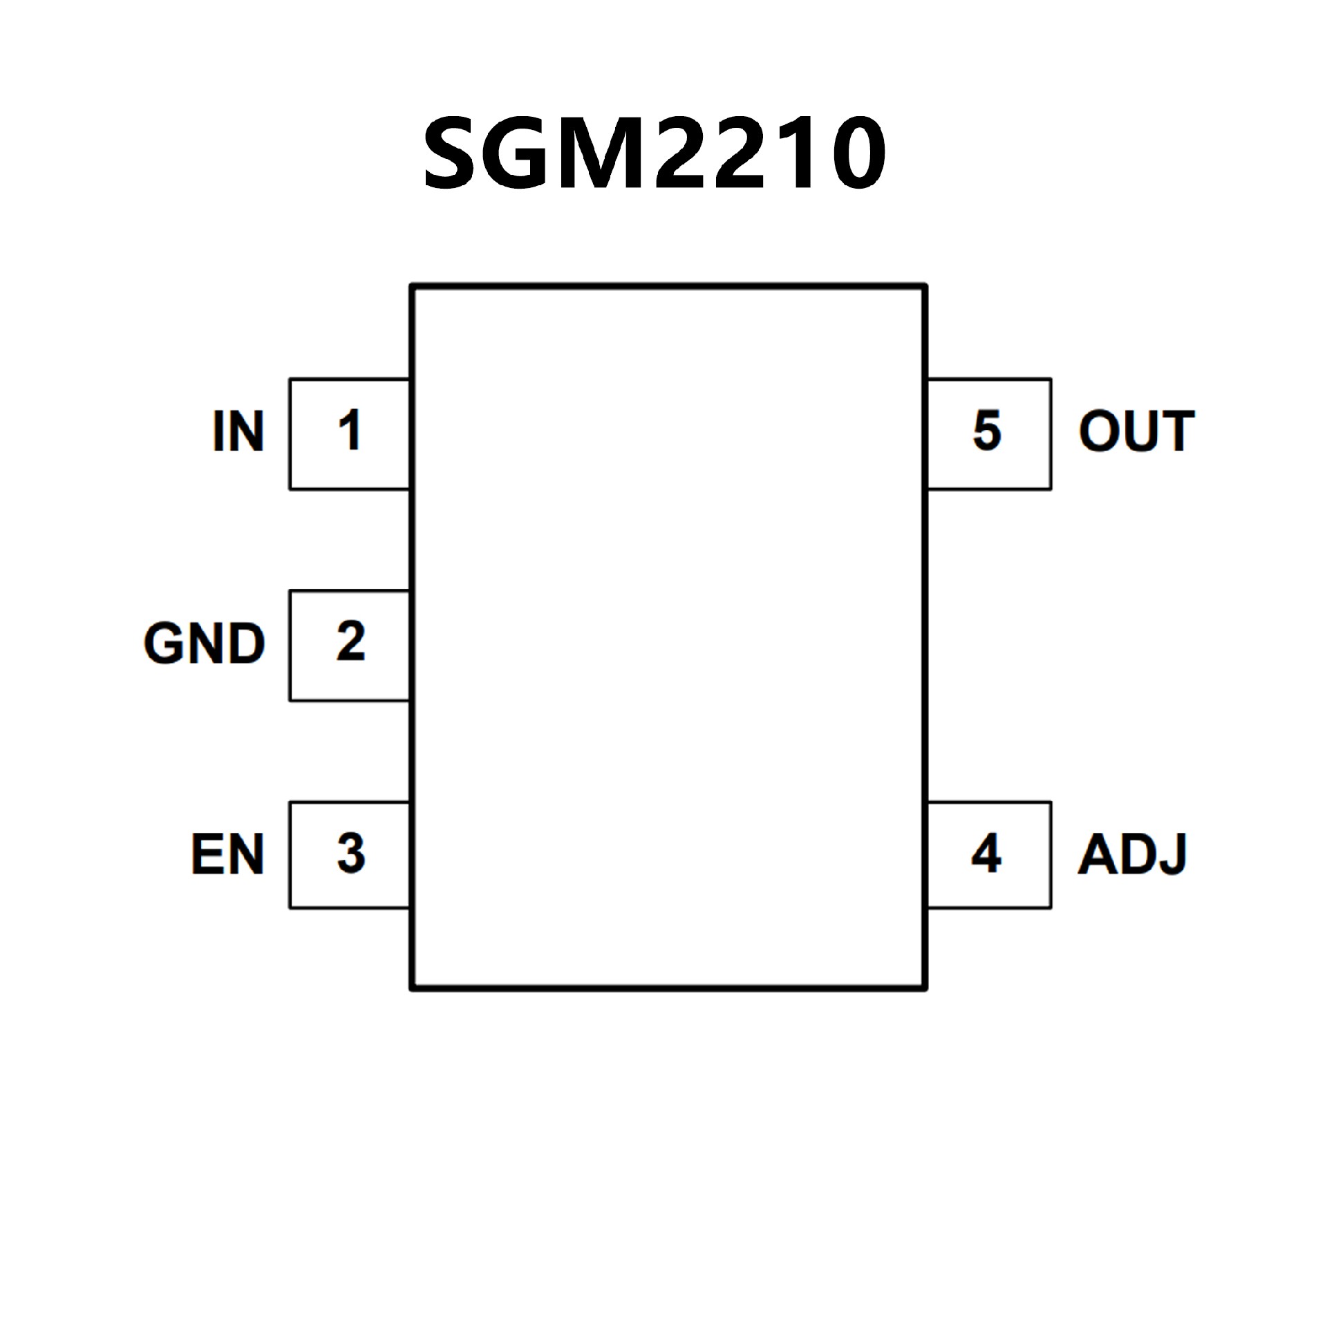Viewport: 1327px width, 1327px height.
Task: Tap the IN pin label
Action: click(x=238, y=432)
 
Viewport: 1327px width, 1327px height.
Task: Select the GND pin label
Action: click(x=205, y=643)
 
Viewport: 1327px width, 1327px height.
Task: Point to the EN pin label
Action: click(x=227, y=855)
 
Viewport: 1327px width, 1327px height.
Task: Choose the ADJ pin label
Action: click(x=1132, y=855)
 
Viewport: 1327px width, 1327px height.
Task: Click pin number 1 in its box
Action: click(x=350, y=431)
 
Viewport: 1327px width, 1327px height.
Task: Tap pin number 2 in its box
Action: click(x=350, y=642)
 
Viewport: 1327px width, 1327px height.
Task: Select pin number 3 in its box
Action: click(x=350, y=854)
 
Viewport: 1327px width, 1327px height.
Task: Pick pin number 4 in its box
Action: click(x=986, y=854)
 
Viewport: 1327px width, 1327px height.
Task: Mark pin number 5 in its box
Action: click(x=987, y=431)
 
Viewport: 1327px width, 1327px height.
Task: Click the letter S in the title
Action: click(x=454, y=153)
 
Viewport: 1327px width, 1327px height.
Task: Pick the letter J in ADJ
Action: click(x=1171, y=856)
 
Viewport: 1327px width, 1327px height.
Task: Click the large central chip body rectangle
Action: click(x=668, y=636)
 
